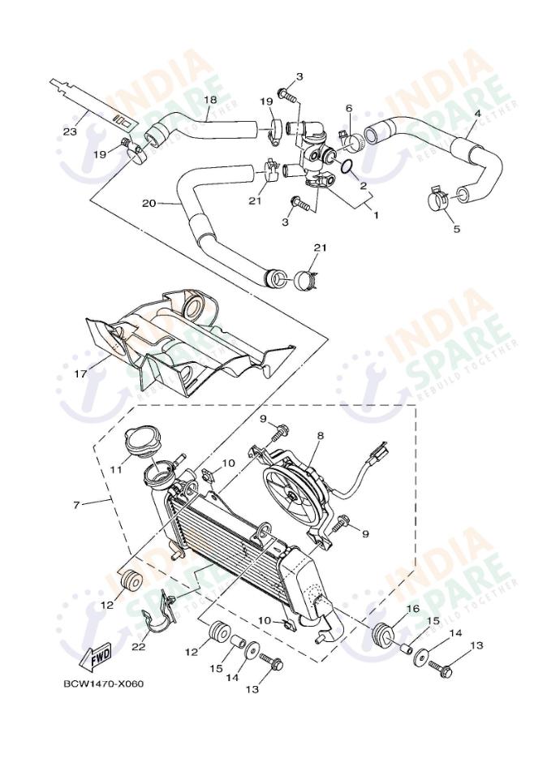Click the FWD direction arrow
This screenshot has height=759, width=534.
97,655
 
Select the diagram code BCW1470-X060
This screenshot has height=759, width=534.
103,683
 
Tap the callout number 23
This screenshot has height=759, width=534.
71,132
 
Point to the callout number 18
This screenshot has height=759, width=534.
209,100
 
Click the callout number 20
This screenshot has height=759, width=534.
148,203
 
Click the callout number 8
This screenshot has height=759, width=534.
320,436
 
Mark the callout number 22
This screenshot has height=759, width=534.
139,646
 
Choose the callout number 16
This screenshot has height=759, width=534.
412,608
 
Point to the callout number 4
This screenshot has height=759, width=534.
476,115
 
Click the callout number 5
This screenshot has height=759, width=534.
456,229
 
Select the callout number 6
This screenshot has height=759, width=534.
349,108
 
